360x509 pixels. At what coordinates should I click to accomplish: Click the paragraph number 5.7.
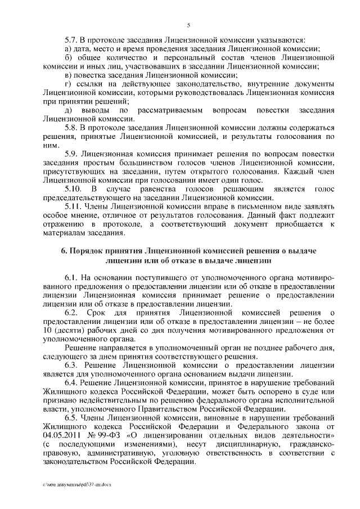pyautogui.click(x=72, y=40)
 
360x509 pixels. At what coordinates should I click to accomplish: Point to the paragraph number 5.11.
pyautogui.click(x=74, y=206)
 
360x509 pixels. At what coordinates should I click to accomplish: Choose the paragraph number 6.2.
pyautogui.click(x=72, y=312)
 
